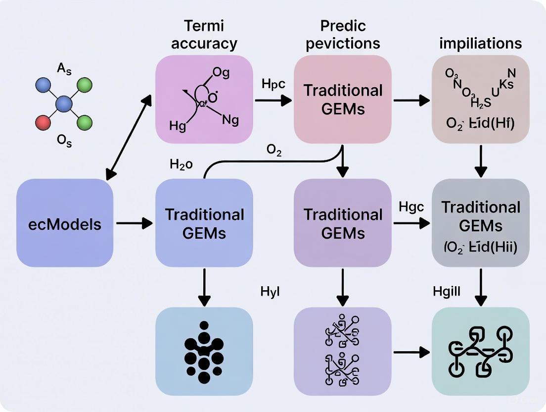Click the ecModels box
(65, 223)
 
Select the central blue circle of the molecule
(64, 104)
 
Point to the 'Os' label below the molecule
(65, 143)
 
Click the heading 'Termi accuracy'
(204, 34)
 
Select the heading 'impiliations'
(480, 44)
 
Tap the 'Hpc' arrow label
(273, 84)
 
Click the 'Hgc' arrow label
(411, 207)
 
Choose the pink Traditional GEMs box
(343, 99)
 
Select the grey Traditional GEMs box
(480, 223)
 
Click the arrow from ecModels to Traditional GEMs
(134, 223)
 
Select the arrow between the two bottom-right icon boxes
(411, 352)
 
